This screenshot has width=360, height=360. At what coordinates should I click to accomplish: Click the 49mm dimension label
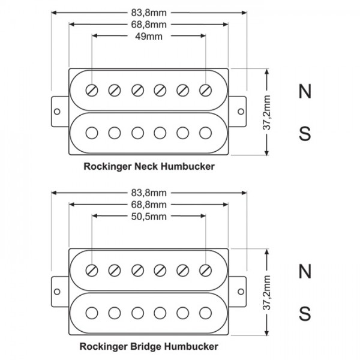click(x=149, y=36)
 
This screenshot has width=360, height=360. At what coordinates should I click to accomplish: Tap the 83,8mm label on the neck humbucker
click(x=149, y=11)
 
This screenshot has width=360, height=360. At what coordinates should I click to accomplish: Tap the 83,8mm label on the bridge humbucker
click(x=149, y=192)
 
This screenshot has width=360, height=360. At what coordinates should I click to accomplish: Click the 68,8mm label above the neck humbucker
click(x=149, y=24)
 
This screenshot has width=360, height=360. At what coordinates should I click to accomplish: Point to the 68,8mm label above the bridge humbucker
click(x=149, y=204)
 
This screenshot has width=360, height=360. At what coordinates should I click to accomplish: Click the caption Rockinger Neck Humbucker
click(x=149, y=166)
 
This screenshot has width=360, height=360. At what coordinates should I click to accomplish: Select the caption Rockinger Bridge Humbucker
click(x=149, y=346)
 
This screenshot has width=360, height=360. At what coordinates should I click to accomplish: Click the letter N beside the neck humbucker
click(x=305, y=91)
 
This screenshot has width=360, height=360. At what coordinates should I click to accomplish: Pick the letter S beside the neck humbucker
click(x=305, y=133)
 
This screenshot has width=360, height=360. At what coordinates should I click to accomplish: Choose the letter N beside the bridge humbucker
click(x=305, y=271)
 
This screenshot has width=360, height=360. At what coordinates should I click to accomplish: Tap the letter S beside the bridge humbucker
click(x=305, y=313)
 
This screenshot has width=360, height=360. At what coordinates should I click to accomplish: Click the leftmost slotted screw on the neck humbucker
click(x=92, y=90)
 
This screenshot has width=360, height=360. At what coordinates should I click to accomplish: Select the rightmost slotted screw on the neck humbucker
click(x=206, y=90)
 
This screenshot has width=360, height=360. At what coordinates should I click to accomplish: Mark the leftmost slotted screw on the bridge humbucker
click(x=92, y=270)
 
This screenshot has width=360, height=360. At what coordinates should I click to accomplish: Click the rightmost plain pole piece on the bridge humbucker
click(x=206, y=312)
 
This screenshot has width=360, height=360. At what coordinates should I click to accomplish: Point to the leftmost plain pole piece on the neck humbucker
click(x=92, y=132)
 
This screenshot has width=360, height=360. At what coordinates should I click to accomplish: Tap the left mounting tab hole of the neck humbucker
click(x=58, y=112)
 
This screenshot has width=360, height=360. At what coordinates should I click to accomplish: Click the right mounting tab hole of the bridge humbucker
click(x=241, y=292)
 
